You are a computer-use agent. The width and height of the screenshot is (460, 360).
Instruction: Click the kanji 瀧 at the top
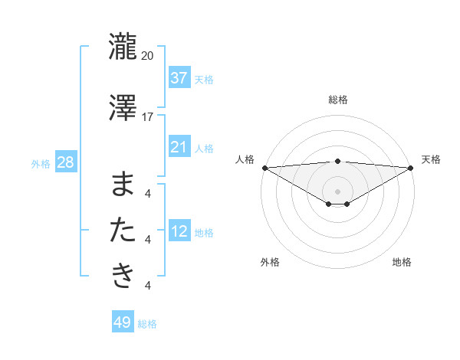tap(123, 45)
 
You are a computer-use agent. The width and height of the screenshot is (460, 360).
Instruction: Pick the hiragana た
tap(123, 230)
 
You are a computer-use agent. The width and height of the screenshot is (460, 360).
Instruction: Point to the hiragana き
tap(123, 275)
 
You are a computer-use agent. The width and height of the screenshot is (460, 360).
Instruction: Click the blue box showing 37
tap(179, 78)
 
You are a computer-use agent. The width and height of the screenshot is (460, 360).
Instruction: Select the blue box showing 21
tap(179, 147)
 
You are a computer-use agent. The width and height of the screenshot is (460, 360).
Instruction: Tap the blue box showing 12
tap(179, 231)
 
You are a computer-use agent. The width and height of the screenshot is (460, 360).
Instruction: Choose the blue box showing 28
tap(65, 162)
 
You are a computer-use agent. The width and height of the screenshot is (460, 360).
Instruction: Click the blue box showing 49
tap(123, 322)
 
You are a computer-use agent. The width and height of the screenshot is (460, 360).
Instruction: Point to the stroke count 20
tap(148, 56)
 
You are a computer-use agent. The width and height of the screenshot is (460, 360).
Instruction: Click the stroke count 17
tap(148, 117)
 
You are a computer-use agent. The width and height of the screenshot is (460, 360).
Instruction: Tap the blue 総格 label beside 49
tap(147, 324)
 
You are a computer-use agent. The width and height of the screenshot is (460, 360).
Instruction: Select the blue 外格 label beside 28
tap(41, 163)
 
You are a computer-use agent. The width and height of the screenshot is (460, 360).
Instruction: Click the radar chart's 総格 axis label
tap(337, 100)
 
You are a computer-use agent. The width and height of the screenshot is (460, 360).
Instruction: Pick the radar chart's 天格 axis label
tap(431, 159)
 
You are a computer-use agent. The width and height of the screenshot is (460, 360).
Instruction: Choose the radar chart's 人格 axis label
tap(245, 159)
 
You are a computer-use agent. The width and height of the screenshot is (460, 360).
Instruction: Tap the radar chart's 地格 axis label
tap(402, 262)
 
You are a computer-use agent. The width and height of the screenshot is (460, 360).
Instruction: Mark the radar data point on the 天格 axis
tap(410, 167)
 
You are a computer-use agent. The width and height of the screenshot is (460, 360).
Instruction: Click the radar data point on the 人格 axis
tap(264, 167)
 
